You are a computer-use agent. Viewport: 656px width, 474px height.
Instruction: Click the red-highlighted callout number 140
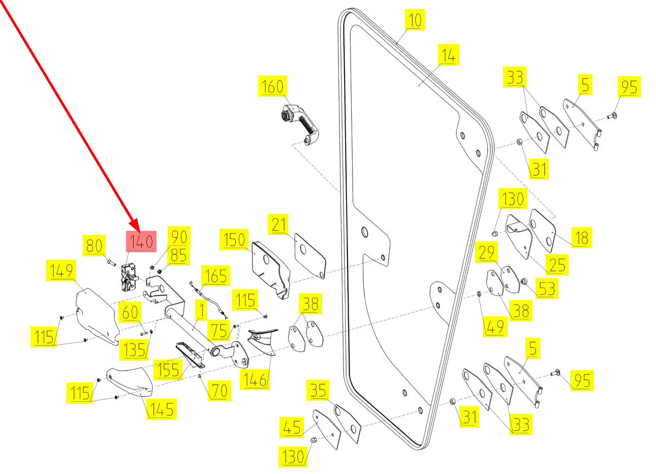click(141, 242)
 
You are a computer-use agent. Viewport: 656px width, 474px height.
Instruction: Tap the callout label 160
click(272, 86)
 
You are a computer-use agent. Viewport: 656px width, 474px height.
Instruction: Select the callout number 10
click(415, 20)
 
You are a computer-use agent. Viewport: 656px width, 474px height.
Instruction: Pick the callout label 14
click(448, 55)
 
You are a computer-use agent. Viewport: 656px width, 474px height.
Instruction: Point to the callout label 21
click(279, 224)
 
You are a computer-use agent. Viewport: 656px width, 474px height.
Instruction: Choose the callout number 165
click(215, 276)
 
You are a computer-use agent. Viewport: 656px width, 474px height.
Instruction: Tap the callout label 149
click(61, 271)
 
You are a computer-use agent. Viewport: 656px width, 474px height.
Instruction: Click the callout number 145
click(162, 409)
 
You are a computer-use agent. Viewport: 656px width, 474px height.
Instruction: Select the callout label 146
click(255, 379)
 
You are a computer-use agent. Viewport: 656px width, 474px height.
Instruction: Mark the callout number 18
click(581, 238)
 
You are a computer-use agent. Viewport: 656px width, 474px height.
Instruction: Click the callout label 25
click(557, 264)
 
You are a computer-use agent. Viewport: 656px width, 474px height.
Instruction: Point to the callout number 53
click(547, 289)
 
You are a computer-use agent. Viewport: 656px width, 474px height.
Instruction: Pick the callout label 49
click(494, 327)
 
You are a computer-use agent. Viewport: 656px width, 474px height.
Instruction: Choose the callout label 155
click(167, 370)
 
